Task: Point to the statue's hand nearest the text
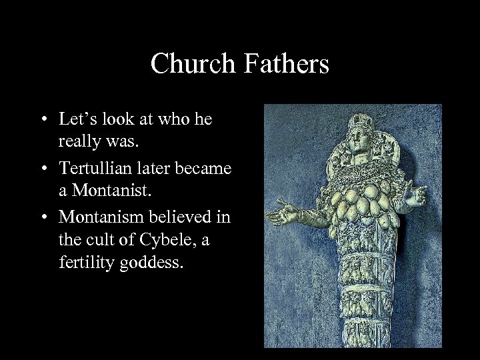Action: coord(276,218)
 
